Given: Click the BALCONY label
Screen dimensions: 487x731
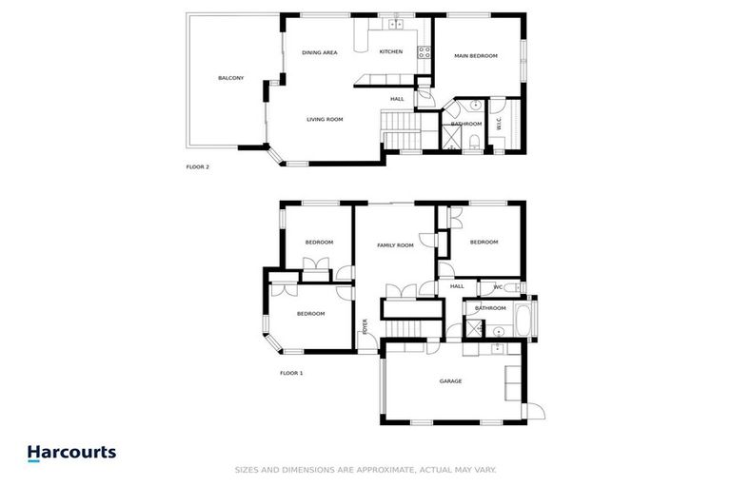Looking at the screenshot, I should click(230, 78).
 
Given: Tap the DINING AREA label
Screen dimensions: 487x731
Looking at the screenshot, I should click(320, 52).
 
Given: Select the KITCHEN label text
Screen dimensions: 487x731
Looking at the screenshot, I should click(390, 51).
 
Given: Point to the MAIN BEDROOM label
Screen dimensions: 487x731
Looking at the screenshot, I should click(475, 56).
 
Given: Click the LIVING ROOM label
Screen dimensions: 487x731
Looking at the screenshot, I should click(325, 120).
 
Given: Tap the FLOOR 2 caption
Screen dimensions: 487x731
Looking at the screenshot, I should click(197, 166).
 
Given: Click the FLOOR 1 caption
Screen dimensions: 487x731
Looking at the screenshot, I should click(291, 373).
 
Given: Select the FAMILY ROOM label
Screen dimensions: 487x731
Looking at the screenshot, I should click(395, 245).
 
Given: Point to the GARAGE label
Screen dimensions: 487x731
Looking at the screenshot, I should click(450, 381).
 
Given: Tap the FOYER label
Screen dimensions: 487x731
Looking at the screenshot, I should click(364, 326).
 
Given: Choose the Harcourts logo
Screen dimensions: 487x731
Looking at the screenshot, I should click(71, 453).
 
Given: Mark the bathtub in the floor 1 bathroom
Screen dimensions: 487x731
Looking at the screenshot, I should click(524, 318).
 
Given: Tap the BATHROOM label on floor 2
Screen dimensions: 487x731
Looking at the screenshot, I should click(466, 124).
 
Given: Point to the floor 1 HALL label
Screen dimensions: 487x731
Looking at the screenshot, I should click(457, 286).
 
